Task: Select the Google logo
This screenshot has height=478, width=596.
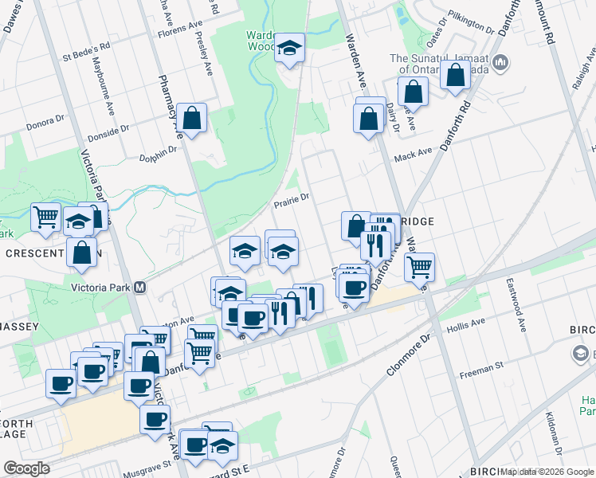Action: [26, 468]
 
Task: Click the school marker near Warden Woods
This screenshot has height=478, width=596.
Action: [290, 49]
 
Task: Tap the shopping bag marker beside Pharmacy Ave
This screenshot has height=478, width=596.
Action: [192, 120]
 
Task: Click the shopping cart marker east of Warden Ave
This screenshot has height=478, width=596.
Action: [419, 267]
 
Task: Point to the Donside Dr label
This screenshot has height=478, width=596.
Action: [108, 130]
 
